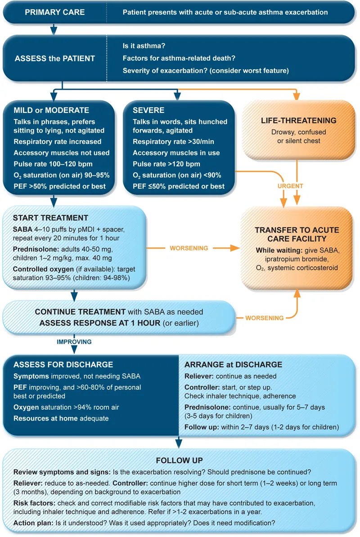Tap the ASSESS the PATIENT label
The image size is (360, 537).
[55, 58]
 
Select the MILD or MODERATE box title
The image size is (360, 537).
[51, 110]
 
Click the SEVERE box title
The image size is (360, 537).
[149, 110]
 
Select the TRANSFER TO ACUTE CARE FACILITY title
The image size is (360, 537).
[297, 234]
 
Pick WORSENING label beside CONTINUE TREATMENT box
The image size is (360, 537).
[264, 318]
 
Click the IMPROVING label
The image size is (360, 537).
[74, 342]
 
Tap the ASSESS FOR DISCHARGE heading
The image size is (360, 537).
[63, 365]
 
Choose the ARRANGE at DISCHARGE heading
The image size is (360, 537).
[234, 365]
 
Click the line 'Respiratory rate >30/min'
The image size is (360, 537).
[172, 142]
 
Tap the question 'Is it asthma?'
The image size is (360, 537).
[144, 46]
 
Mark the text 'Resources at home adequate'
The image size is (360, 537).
[61, 418]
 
